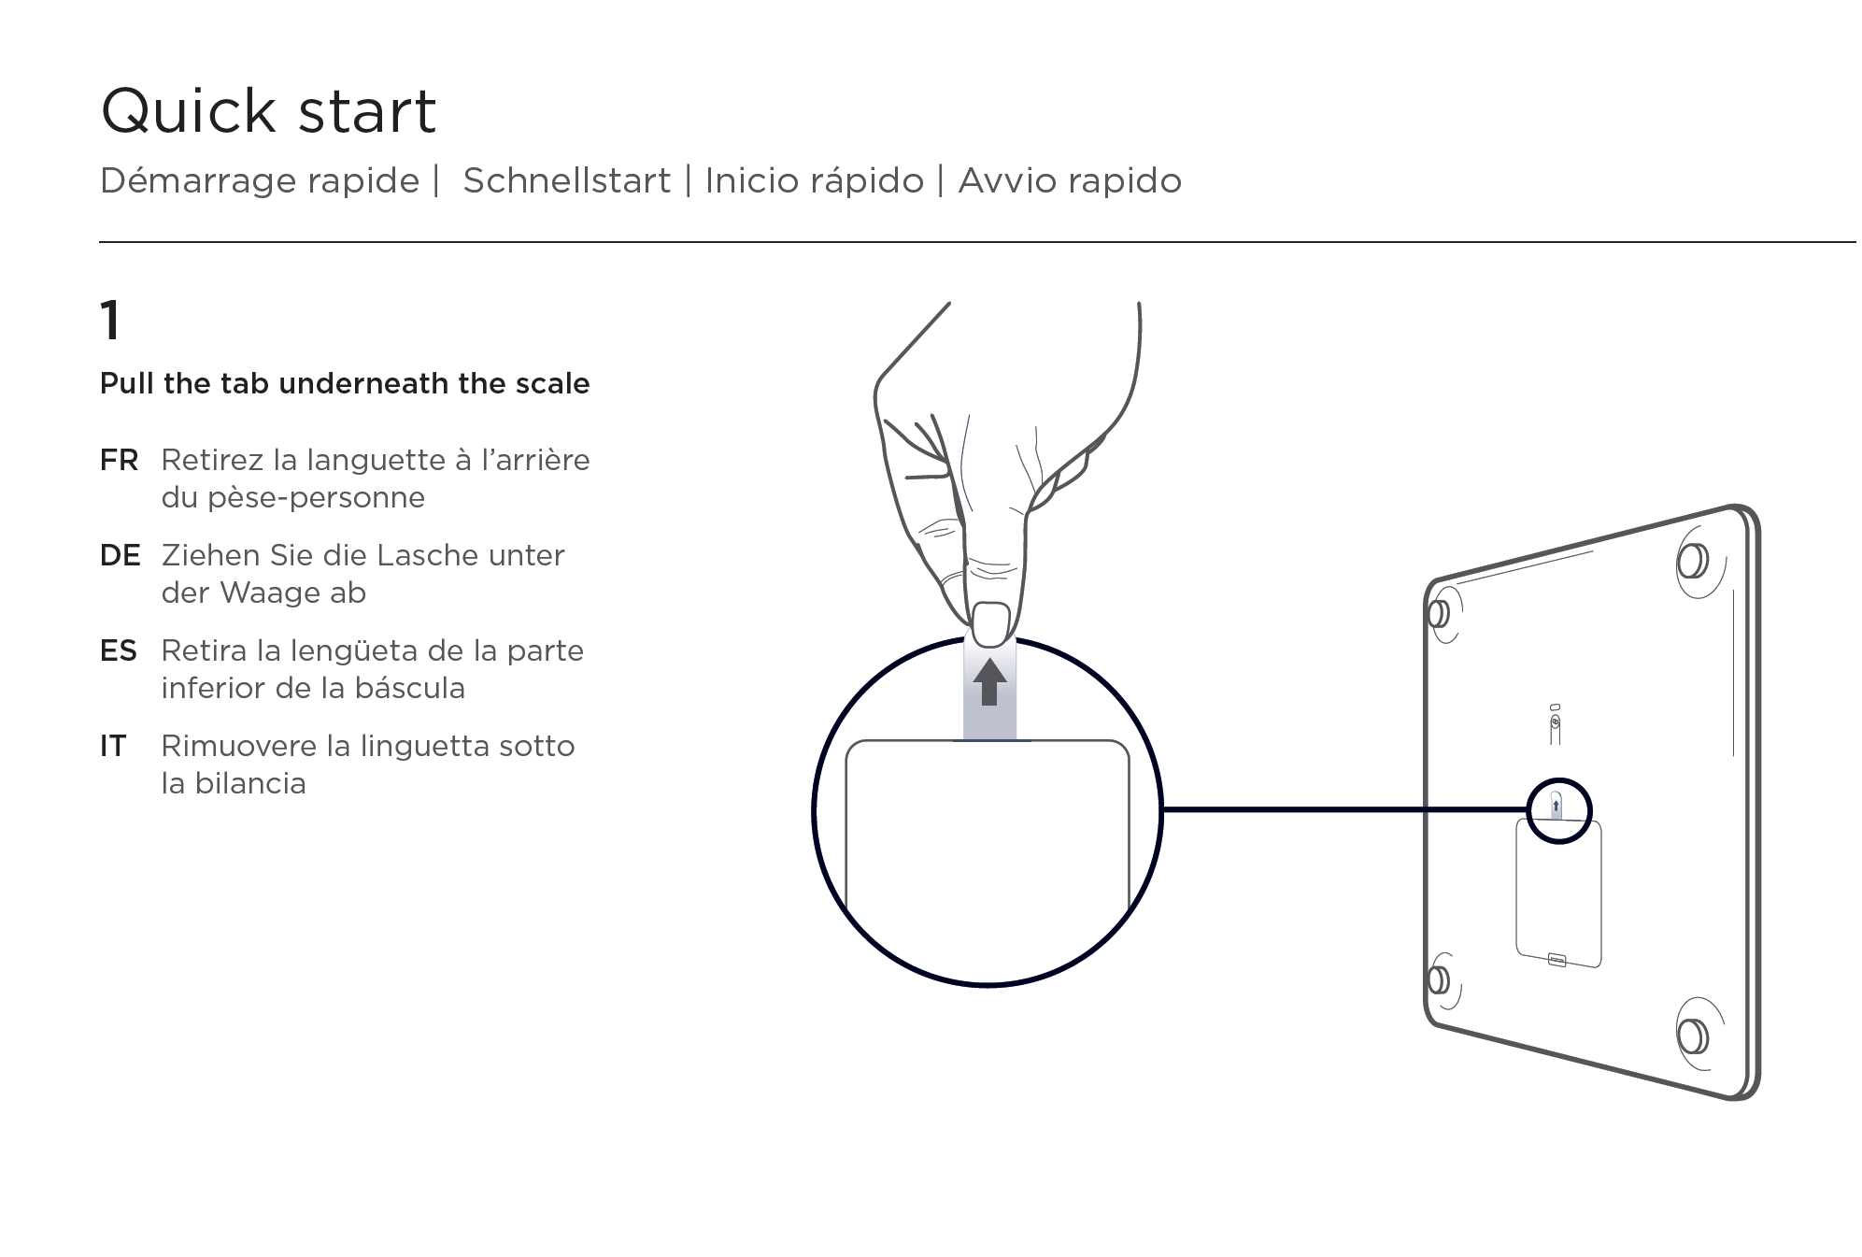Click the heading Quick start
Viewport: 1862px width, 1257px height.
(x=268, y=111)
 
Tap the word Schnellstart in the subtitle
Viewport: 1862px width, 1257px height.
(x=566, y=180)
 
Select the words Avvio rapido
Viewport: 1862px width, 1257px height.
(x=1070, y=180)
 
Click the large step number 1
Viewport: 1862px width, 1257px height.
(x=110, y=321)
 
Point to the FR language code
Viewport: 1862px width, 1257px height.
(x=119, y=460)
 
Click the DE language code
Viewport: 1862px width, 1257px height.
(x=120, y=555)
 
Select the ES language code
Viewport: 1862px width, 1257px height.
(x=119, y=650)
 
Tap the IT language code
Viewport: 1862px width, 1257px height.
(x=113, y=746)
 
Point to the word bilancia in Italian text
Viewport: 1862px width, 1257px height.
(x=249, y=783)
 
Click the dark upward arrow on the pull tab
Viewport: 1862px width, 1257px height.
(x=989, y=681)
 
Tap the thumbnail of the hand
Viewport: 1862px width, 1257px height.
(x=991, y=623)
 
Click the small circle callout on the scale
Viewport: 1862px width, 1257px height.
(x=1558, y=810)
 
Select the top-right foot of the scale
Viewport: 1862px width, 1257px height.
(x=1692, y=561)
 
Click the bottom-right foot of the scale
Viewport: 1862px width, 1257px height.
(x=1692, y=1036)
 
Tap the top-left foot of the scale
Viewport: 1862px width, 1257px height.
(x=1440, y=614)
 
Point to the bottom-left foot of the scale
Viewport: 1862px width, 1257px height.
(x=1440, y=979)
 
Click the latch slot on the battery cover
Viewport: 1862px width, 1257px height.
(x=1556, y=959)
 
